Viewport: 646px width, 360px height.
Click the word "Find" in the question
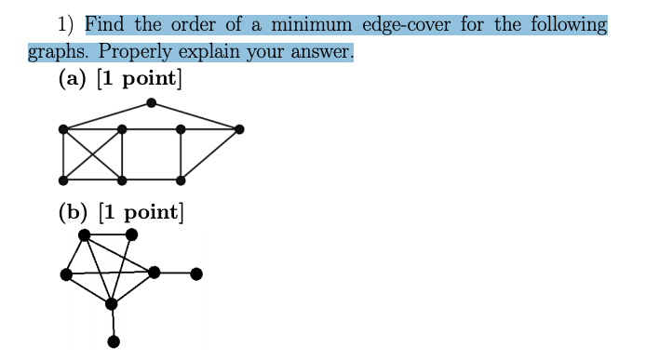click(106, 23)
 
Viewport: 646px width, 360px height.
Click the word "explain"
click(205, 51)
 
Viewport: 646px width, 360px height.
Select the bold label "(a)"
click(72, 79)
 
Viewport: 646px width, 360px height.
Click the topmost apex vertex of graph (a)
click(151, 103)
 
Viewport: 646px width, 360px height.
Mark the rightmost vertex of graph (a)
click(239, 129)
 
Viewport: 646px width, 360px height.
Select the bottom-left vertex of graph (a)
click(62, 179)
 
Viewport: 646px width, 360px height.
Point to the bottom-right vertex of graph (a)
click(181, 179)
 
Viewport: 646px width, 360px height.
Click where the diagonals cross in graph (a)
click(92, 153)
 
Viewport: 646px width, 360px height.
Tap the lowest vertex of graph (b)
click(114, 341)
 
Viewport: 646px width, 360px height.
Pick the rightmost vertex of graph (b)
click(195, 273)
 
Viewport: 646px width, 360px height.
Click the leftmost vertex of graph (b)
click(65, 273)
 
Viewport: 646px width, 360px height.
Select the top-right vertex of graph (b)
click(131, 234)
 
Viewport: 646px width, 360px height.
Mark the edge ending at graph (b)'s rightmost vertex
click(175, 273)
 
